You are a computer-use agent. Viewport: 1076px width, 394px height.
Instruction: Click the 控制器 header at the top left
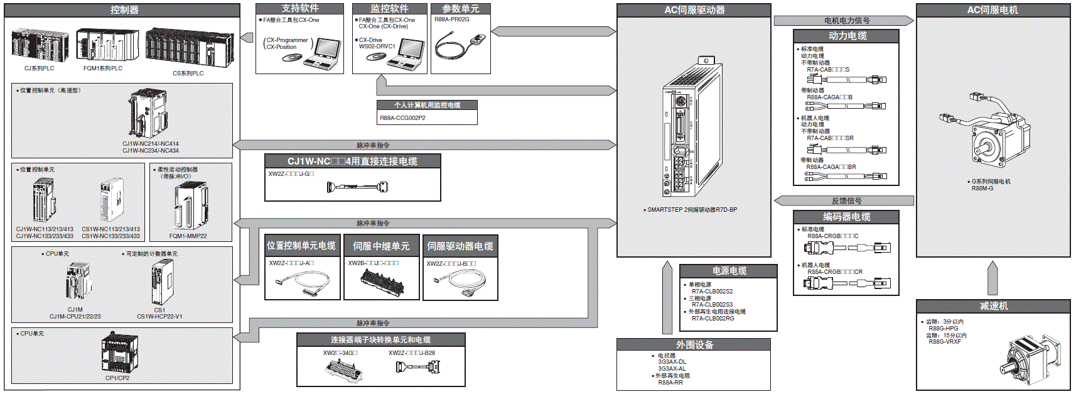tap(124, 10)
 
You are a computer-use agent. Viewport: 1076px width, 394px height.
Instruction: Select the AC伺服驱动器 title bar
tap(694, 10)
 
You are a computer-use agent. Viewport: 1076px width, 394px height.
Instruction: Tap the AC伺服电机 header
tap(993, 10)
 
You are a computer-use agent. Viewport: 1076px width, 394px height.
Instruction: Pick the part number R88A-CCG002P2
tap(402, 118)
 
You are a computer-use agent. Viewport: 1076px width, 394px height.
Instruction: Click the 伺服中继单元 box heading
tap(381, 246)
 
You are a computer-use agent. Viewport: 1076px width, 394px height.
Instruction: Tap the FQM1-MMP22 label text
tap(188, 236)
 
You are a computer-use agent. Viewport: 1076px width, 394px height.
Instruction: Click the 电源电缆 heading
tap(729, 271)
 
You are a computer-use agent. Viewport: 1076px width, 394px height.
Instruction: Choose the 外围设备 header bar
tap(694, 345)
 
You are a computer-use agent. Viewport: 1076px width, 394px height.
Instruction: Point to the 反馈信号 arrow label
tap(846, 201)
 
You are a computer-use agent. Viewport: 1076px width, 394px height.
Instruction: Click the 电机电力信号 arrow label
tap(846, 21)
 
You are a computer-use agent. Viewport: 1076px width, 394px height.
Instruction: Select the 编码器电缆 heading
tap(846, 217)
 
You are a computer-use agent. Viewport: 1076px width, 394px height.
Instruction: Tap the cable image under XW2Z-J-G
tap(357, 187)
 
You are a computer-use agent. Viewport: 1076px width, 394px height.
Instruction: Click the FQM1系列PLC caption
tap(103, 68)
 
